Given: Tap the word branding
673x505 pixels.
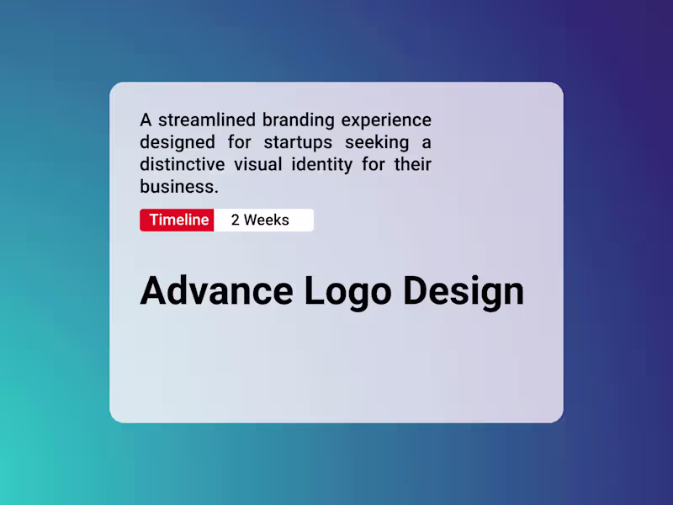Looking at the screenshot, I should (298, 120).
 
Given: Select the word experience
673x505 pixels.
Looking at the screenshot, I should (386, 120).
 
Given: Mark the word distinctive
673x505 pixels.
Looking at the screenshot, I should (183, 163).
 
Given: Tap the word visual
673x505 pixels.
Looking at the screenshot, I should (264, 163).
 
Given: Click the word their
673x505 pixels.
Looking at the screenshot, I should (413, 163).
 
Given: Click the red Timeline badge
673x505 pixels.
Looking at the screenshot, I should (178, 221).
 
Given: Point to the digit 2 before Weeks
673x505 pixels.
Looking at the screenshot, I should (236, 221).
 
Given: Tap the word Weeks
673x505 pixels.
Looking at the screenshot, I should (266, 221).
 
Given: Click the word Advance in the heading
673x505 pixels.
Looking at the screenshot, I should (216, 291).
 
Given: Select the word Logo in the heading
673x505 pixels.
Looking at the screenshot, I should (347, 292).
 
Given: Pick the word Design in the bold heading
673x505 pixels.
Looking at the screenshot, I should (464, 292).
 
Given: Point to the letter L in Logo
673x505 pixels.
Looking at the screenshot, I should (314, 291).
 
